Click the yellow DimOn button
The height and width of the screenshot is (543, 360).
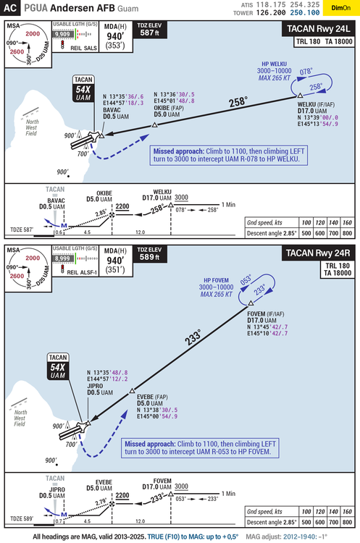point(338,9)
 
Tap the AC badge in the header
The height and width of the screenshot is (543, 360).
point(10,9)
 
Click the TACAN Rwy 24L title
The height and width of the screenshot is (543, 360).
point(317,30)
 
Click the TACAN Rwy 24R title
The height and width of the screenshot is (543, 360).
point(317,253)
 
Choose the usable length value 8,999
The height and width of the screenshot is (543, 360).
point(62,258)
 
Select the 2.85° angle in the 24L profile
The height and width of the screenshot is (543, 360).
point(101,213)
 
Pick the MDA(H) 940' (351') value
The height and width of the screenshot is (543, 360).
point(114,263)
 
